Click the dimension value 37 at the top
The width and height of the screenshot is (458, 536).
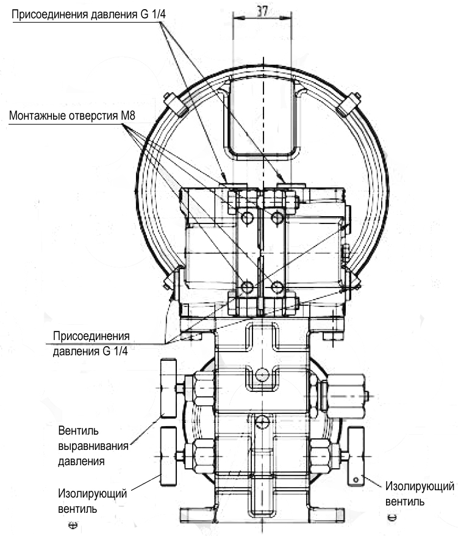pos(262,11)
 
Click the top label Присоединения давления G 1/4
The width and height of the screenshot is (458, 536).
pos(88,15)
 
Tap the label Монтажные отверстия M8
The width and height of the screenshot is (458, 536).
pos(72,115)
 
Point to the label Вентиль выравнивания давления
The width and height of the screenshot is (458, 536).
pos(93,446)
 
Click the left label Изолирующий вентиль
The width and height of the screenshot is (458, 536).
pos(92,501)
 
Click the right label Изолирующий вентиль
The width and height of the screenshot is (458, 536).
pos(420,493)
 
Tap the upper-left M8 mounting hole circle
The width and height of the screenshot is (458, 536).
pos(247,217)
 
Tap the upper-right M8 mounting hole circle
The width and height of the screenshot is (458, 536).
pos(277,217)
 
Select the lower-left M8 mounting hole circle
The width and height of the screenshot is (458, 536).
pos(247,287)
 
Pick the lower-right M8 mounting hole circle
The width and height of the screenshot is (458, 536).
pos(277,287)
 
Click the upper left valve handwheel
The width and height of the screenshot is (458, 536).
pos(168,388)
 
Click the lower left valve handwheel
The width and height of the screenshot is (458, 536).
pos(168,456)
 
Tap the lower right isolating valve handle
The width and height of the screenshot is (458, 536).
pos(356,456)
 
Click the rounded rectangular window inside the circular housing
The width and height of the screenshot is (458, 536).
pos(262,118)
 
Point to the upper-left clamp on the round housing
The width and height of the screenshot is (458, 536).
pos(175,104)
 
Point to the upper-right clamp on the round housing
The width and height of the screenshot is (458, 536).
pos(348,104)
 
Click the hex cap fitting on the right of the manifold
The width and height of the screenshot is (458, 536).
pos(346,396)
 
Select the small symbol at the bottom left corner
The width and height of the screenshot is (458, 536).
pos(73,525)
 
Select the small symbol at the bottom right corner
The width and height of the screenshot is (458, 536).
pos(392,518)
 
